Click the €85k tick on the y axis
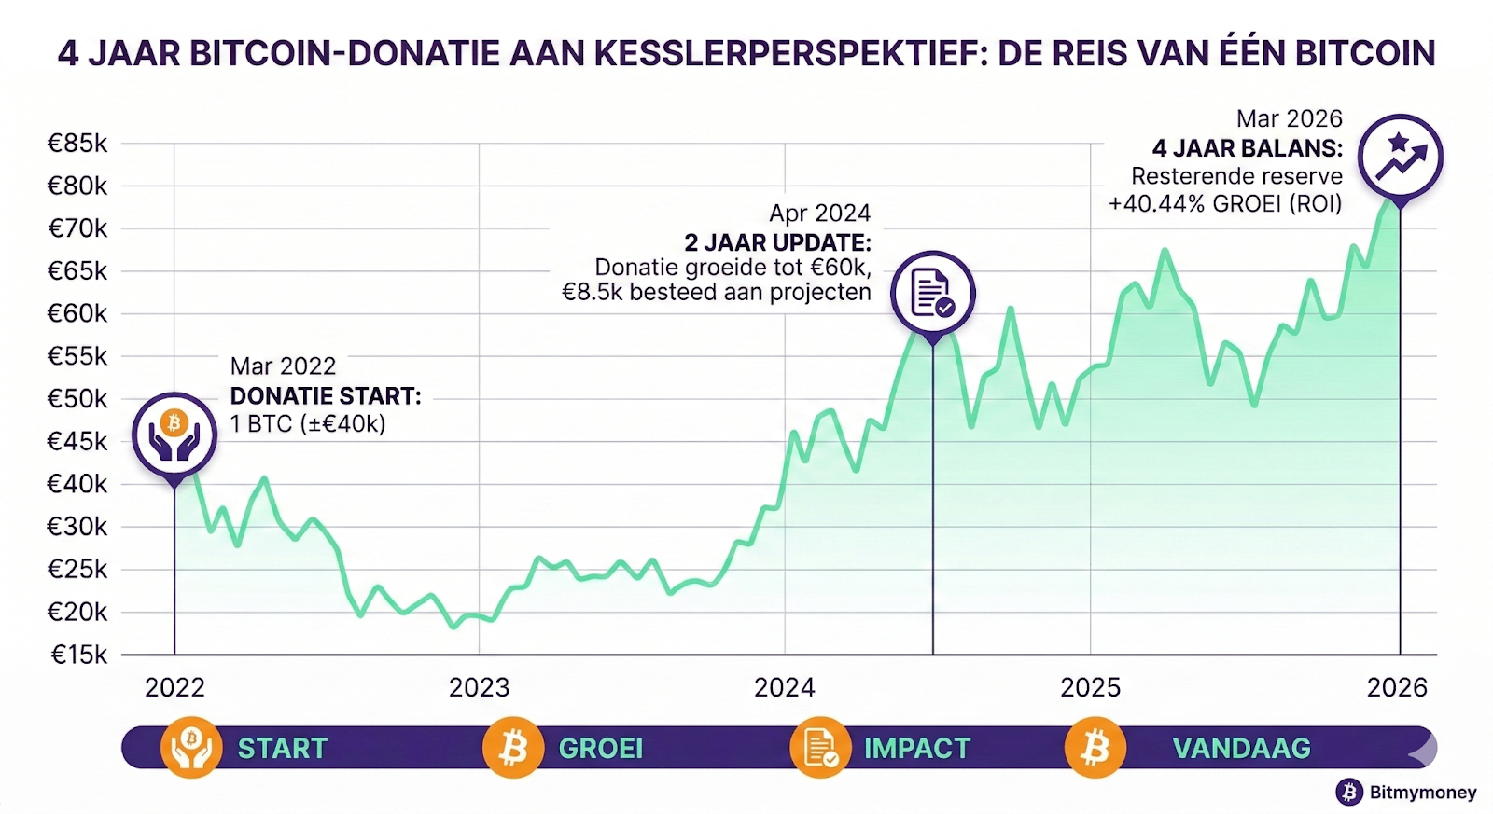pos(78,144)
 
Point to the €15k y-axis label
pos(78,655)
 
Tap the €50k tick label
pos(78,399)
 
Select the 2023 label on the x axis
pos(479,688)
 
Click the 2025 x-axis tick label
pos(1090,688)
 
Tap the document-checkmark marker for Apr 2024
pos(932,294)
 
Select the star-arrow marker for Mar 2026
pos(1400,157)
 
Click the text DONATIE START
pos(326,396)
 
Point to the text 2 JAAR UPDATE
pos(777,243)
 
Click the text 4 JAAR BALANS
pos(1247,148)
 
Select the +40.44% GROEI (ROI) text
pos(1224,204)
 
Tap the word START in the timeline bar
pos(282,749)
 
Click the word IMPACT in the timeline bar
pos(916,749)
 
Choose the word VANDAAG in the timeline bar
pos(1241,749)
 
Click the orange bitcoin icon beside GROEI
pos(513,748)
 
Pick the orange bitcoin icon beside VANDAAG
pos(1095,748)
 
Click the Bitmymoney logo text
pos(1422,793)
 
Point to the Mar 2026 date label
pos(1289,119)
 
